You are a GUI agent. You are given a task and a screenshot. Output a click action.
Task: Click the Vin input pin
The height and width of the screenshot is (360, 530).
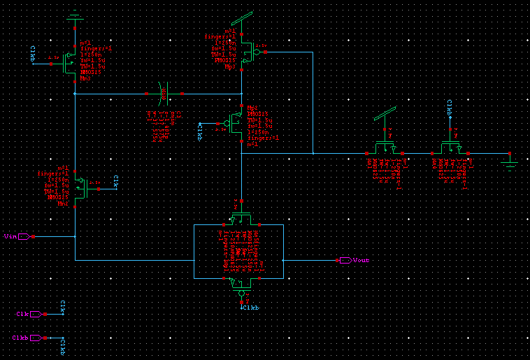[x=24, y=236]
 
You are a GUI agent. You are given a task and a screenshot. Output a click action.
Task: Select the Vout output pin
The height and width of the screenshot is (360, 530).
[x=345, y=260]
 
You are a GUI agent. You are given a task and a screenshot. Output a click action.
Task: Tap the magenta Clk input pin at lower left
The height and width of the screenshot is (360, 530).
[x=35, y=314]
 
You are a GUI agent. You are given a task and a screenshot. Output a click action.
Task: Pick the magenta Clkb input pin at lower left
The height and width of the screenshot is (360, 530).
[x=35, y=338]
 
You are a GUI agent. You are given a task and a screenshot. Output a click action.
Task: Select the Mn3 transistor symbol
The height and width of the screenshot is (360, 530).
[x=70, y=63]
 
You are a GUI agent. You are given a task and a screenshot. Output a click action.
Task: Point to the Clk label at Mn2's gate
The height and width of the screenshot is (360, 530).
[x=117, y=182]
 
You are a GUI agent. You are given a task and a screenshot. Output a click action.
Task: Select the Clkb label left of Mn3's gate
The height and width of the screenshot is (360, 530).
[x=33, y=53]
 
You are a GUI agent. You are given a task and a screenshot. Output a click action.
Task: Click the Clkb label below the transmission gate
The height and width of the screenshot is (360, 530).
[x=250, y=308]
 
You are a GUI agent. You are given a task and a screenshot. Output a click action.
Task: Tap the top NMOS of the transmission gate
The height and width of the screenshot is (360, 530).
[x=241, y=217]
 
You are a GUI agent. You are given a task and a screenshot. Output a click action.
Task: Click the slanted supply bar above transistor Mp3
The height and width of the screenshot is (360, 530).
[x=241, y=17]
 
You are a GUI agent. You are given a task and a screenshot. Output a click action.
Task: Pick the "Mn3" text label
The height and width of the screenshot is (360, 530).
[x=85, y=43]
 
